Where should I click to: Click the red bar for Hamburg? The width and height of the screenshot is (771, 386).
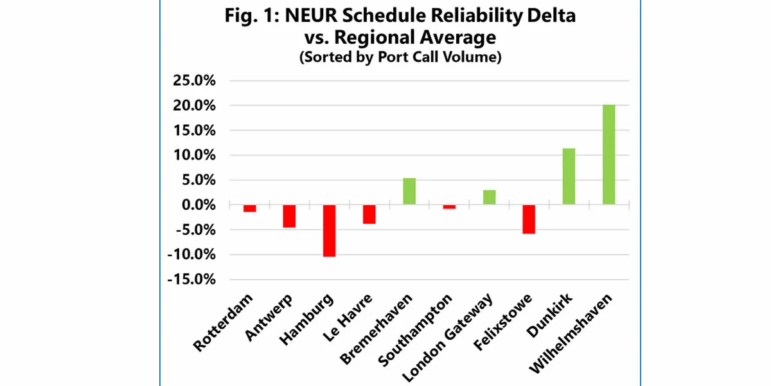[329, 230]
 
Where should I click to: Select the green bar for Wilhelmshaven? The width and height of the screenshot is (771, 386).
[608, 154]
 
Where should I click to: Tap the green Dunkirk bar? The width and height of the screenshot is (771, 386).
[569, 176]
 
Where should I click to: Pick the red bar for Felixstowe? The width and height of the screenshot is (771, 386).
[528, 219]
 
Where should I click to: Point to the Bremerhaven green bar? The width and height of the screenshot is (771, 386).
[409, 191]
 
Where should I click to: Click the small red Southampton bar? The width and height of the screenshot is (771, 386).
[449, 207]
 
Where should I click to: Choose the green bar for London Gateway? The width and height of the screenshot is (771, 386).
[489, 198]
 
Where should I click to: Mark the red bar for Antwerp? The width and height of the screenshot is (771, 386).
[289, 216]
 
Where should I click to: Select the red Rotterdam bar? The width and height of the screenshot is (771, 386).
[249, 208]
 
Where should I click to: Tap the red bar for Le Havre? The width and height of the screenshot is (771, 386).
[369, 214]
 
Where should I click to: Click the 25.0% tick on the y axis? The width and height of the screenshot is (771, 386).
[191, 80]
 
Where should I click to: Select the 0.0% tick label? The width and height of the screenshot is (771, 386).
[195, 205]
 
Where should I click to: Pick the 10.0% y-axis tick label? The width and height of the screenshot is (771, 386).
[191, 155]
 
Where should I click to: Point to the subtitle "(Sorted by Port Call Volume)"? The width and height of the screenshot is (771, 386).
[400, 57]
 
